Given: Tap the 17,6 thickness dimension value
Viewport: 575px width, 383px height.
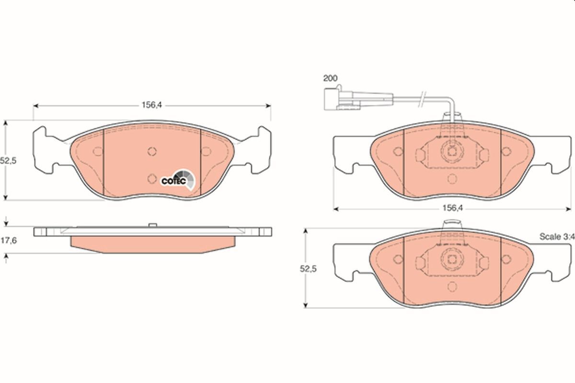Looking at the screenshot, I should [x=9, y=241].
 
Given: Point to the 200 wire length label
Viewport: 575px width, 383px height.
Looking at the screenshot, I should [x=330, y=78].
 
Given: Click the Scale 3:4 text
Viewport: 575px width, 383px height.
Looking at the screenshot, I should [x=556, y=237].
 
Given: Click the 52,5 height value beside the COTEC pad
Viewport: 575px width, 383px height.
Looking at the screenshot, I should [x=9, y=161].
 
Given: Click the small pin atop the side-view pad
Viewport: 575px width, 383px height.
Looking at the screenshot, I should [x=152, y=225].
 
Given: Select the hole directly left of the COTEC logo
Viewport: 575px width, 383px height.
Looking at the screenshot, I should [x=152, y=179].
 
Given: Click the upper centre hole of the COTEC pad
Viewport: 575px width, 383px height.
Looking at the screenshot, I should [x=152, y=151].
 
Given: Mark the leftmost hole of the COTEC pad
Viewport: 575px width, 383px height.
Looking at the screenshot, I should [x=98, y=151].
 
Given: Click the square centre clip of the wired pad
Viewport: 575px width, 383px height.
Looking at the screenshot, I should [x=452, y=152].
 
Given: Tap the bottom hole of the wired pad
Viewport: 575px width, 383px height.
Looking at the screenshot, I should [x=452, y=179].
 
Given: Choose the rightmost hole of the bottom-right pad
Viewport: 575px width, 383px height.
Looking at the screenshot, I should [x=506, y=259].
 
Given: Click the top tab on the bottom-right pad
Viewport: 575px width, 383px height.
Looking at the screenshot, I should [x=452, y=224].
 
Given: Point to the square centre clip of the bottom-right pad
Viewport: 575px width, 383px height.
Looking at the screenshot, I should [x=452, y=259].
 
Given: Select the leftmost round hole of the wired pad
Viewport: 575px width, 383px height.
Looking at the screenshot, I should [x=398, y=152].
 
